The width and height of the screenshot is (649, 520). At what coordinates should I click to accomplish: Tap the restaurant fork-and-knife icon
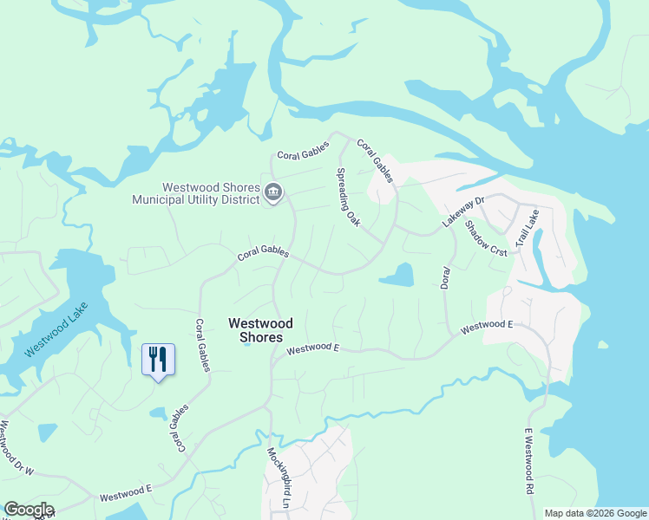coord(158,358)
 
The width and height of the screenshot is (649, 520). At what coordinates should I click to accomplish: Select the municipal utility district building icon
coord(273,192)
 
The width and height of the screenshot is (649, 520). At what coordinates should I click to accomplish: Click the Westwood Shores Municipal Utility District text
coord(195,193)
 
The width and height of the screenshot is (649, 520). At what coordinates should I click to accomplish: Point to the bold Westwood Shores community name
coord(260,329)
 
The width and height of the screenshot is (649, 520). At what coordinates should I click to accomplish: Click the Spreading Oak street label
coord(349,198)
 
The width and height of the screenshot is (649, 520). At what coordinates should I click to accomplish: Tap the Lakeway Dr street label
coord(462,211)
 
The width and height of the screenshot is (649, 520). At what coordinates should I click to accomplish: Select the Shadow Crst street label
coord(486,236)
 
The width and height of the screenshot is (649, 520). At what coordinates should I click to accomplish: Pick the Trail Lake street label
coord(527,230)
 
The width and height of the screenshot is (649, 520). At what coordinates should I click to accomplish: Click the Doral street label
coord(444,271)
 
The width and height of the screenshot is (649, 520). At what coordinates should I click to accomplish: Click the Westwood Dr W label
coord(17,448)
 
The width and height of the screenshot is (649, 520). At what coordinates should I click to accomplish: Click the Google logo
coord(29,510)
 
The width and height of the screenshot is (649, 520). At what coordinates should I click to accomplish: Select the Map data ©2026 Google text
coord(595,513)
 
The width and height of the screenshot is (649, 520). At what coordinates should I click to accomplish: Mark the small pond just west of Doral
coord(397,276)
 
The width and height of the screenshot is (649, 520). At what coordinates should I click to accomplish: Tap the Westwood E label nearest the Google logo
coord(126,493)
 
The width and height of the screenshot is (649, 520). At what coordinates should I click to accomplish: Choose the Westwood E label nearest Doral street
coord(487,327)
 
